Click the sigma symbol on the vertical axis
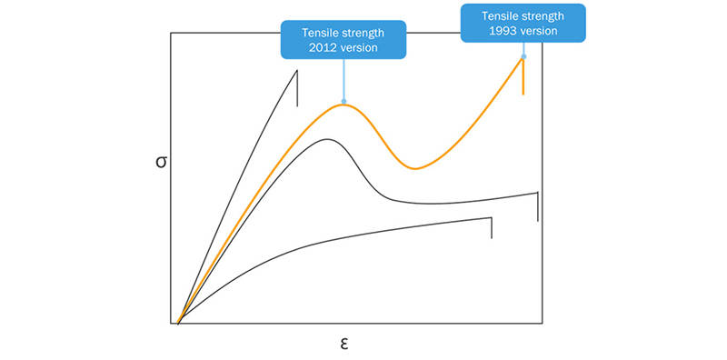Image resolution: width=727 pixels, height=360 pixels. [160, 164]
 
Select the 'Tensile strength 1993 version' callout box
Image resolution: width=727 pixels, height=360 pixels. [523, 23]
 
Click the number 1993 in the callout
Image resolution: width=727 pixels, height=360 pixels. [503, 31]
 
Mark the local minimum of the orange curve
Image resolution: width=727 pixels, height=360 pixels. [414, 168]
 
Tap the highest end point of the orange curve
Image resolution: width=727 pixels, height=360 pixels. [523, 57]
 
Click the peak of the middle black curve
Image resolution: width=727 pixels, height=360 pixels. [328, 139]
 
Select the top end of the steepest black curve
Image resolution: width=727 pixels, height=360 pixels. [297, 70]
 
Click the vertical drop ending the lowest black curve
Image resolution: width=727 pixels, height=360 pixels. [492, 227]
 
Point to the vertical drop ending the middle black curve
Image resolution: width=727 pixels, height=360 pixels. [538, 206]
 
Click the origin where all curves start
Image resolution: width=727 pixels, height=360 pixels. [179, 322]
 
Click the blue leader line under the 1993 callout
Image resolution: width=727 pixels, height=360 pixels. [523, 49]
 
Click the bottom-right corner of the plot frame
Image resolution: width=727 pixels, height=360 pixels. [543, 323]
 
